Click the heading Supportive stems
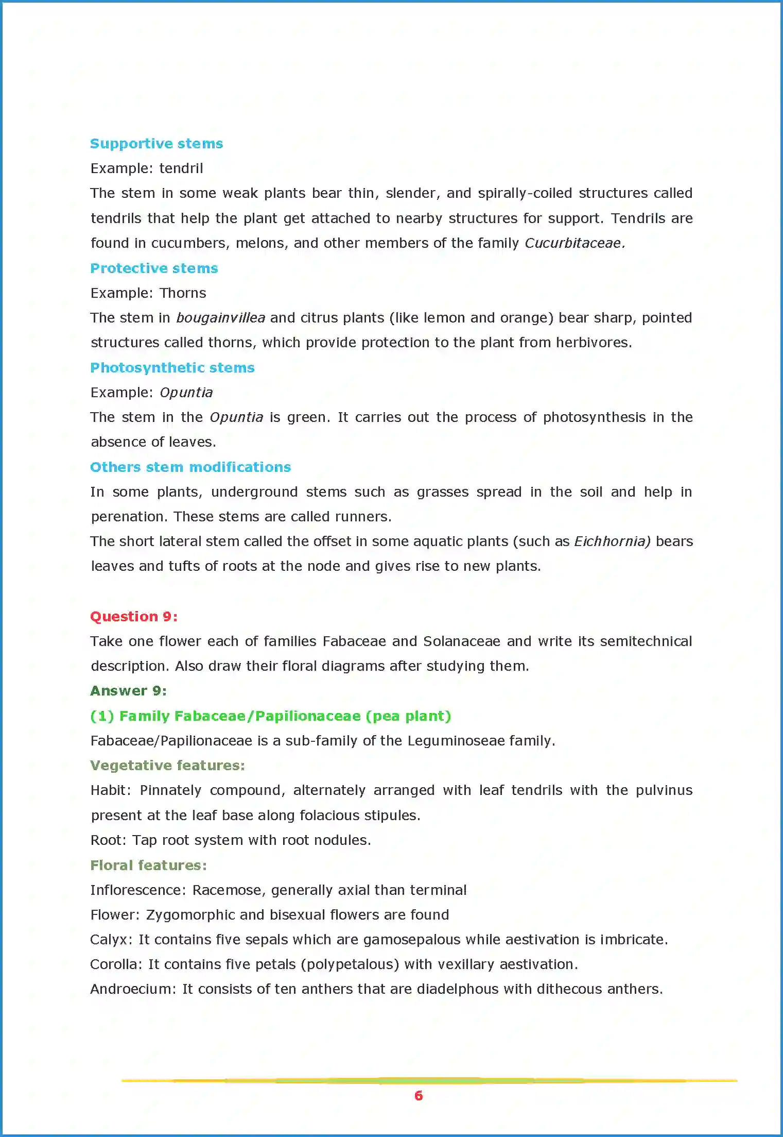coord(156,144)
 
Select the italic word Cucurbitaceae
coord(574,243)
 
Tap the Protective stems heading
coord(154,268)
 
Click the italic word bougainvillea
coord(220,318)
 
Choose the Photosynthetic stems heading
coord(172,368)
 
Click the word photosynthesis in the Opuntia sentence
coord(594,417)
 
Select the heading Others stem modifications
coord(190,467)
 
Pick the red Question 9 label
coord(134,617)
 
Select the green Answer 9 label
coord(128,691)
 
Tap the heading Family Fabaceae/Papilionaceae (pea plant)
coord(270,716)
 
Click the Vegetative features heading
coord(167,766)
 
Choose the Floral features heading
coord(148,866)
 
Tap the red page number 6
coord(419,1096)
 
